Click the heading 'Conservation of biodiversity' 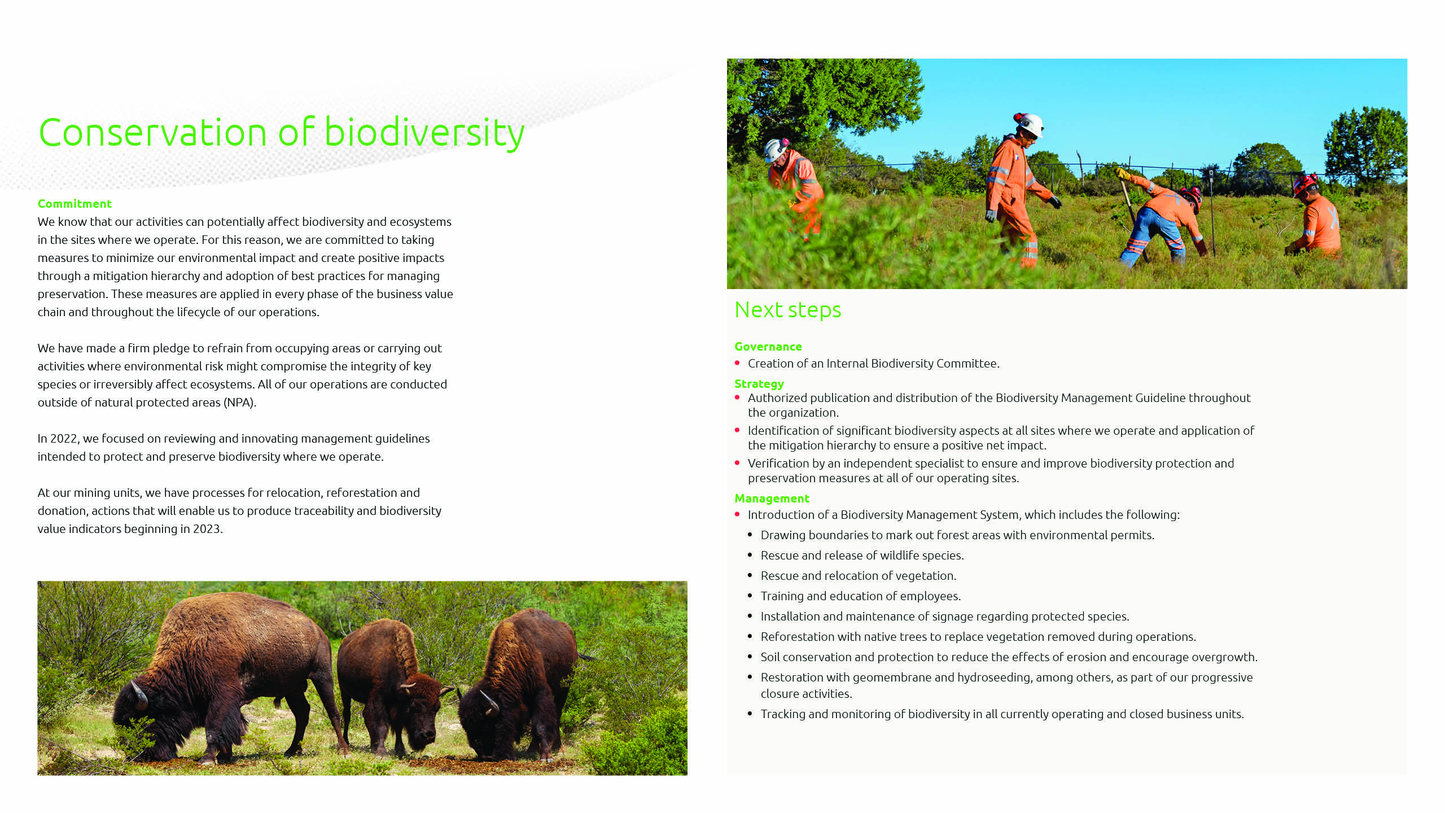click(281, 133)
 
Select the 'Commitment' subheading click(75, 204)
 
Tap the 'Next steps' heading click(787, 310)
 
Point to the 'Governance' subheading click(768, 347)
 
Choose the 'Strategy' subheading click(759, 384)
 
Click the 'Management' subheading click(772, 499)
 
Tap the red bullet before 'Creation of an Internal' click(737, 363)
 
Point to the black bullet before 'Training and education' click(750, 596)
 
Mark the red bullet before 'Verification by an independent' click(737, 463)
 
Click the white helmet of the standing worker click(1030, 125)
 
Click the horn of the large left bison click(139, 694)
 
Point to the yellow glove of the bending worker click(1122, 173)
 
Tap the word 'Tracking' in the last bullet click(783, 714)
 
